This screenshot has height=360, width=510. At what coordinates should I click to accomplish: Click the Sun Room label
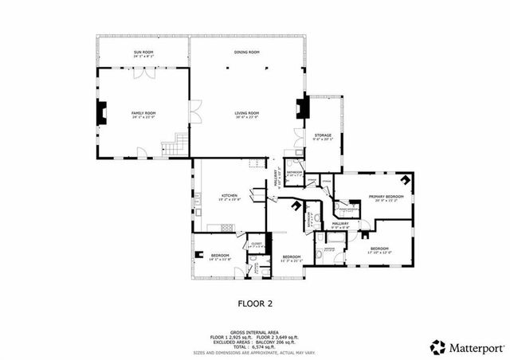coord(143,53)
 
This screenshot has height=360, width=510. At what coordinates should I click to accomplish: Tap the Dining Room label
coord(247,53)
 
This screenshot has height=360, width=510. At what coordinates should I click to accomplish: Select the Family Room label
coord(143,114)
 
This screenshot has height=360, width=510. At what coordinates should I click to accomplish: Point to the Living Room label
coord(247,114)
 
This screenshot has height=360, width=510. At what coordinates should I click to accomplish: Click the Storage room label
coord(323,135)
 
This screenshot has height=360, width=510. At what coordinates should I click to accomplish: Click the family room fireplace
coord(100,113)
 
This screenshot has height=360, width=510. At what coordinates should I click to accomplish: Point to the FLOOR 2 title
coord(255,303)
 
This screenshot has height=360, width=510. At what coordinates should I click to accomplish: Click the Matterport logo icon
coord(437,347)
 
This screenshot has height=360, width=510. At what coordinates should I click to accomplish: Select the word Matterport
coord(475,347)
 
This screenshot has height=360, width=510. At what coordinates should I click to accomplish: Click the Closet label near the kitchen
coord(257,244)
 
